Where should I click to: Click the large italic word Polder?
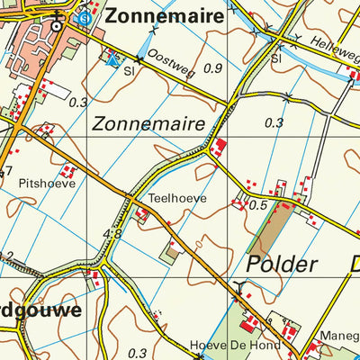pyautogui.click(x=281, y=264)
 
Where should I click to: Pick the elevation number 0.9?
pyautogui.click(x=213, y=68)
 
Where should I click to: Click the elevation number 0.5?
pyautogui.click(x=261, y=205)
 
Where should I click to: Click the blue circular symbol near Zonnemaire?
pyautogui.click(x=84, y=17)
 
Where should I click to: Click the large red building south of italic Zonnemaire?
pyautogui.click(x=220, y=146)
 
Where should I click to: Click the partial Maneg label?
pyautogui.click(x=341, y=332)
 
